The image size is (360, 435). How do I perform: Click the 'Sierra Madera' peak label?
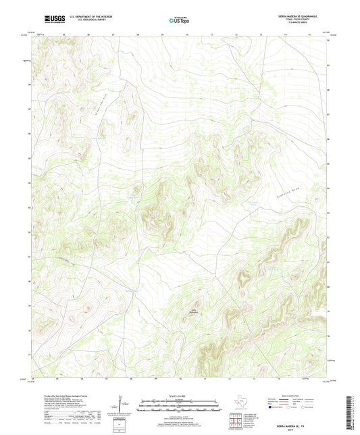[194, 311]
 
